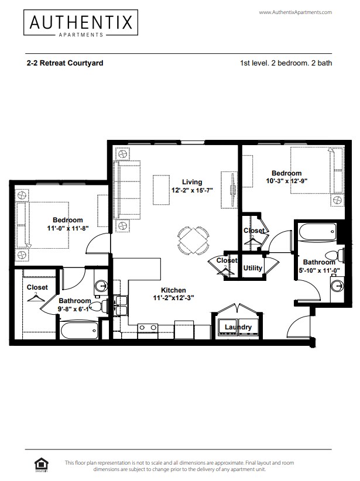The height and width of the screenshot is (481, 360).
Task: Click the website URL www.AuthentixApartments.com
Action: click(x=294, y=12)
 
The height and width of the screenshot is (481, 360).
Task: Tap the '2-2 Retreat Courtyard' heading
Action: click(x=65, y=63)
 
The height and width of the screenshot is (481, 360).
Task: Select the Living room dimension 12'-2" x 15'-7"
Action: click(x=191, y=191)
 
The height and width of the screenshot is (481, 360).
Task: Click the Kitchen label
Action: click(x=174, y=290)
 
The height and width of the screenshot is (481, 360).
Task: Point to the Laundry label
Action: click(x=238, y=327)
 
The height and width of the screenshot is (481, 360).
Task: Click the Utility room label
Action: click(x=253, y=268)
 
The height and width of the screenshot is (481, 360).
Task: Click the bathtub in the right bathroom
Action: click(x=317, y=232)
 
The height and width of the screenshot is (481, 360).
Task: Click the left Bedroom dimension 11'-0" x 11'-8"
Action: click(x=68, y=229)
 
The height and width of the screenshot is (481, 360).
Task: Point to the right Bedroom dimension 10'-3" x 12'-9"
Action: click(x=286, y=181)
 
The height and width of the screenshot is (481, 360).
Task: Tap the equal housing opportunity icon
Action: click(x=42, y=465)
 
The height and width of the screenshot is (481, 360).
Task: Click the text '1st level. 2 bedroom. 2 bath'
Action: click(x=286, y=63)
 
